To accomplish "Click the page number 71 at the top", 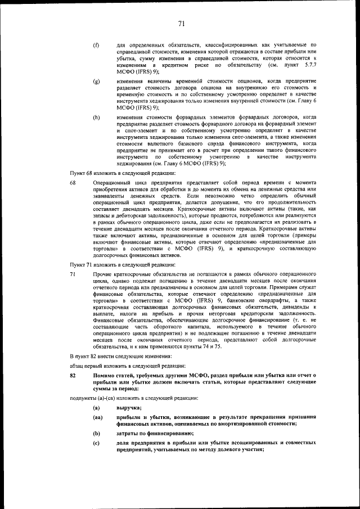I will [181, 23].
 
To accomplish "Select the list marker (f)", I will [96, 44].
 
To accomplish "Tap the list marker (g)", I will [96, 82].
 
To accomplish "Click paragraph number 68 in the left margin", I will [73, 183].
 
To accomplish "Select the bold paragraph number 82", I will [73, 375].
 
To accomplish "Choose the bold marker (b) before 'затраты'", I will [97, 434].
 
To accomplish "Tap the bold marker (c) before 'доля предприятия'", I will [97, 444].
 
